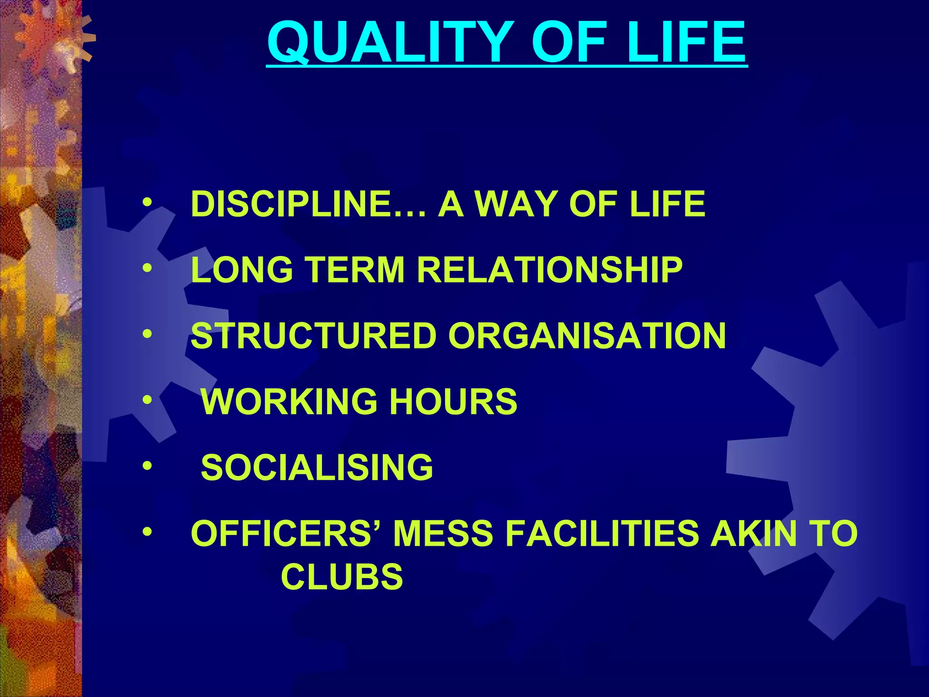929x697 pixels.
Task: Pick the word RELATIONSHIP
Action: tap(549, 270)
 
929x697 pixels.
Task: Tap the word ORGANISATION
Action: tap(587, 336)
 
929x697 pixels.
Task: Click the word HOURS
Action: tap(453, 402)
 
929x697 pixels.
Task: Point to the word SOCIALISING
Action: tap(317, 467)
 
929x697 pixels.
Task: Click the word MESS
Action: tap(443, 533)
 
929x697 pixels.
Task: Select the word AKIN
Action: tap(753, 533)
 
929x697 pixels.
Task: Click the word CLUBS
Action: tap(342, 577)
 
